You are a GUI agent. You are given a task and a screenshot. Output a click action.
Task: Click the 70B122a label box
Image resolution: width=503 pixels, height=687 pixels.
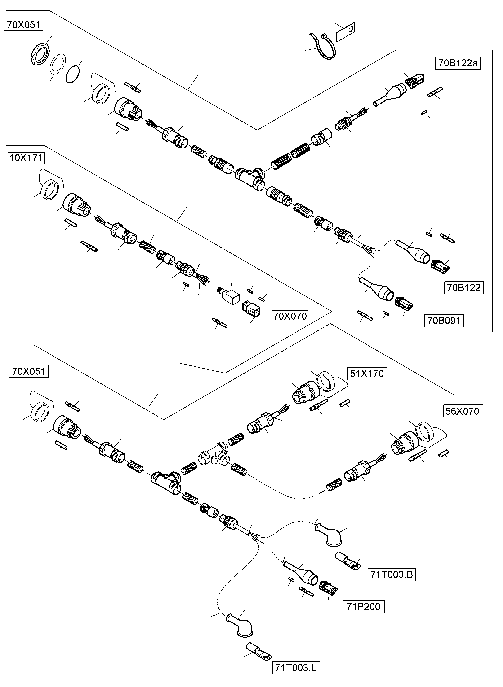point(458,63)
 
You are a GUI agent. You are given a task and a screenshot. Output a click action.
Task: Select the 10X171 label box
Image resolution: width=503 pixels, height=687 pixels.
point(26,158)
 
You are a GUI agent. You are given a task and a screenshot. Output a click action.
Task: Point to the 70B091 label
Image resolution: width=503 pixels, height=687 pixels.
point(444,321)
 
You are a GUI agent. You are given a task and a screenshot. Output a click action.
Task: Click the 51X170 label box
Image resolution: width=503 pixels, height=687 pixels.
point(367,374)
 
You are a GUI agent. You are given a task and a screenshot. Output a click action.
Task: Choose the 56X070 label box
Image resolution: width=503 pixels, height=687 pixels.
point(462,411)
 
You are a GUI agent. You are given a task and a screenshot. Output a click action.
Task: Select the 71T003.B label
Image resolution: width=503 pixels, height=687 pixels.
point(391,574)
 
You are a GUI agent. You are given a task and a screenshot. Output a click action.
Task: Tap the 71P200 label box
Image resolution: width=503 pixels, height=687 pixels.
point(363,607)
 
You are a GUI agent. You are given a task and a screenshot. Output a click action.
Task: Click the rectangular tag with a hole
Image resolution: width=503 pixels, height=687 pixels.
point(345,32)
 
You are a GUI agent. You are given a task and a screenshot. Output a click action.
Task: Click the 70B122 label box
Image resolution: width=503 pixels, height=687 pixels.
point(463,287)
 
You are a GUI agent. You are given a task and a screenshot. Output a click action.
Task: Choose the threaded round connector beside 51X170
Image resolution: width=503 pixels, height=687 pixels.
point(304,393)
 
